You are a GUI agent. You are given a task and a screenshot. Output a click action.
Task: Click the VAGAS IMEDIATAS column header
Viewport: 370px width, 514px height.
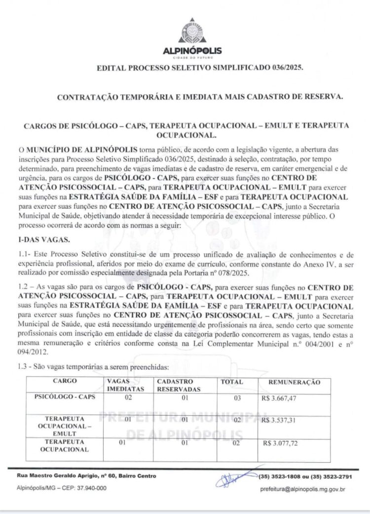click(x=125, y=385)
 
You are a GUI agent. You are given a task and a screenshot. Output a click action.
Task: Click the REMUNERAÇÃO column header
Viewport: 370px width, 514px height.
click(x=294, y=382)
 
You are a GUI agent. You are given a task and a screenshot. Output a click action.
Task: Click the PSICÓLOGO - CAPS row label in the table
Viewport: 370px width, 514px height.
click(x=64, y=397)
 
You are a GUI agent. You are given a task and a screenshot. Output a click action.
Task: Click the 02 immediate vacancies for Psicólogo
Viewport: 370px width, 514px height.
click(x=128, y=397)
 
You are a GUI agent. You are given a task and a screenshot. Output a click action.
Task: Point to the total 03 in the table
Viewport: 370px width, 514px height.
click(x=236, y=397)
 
